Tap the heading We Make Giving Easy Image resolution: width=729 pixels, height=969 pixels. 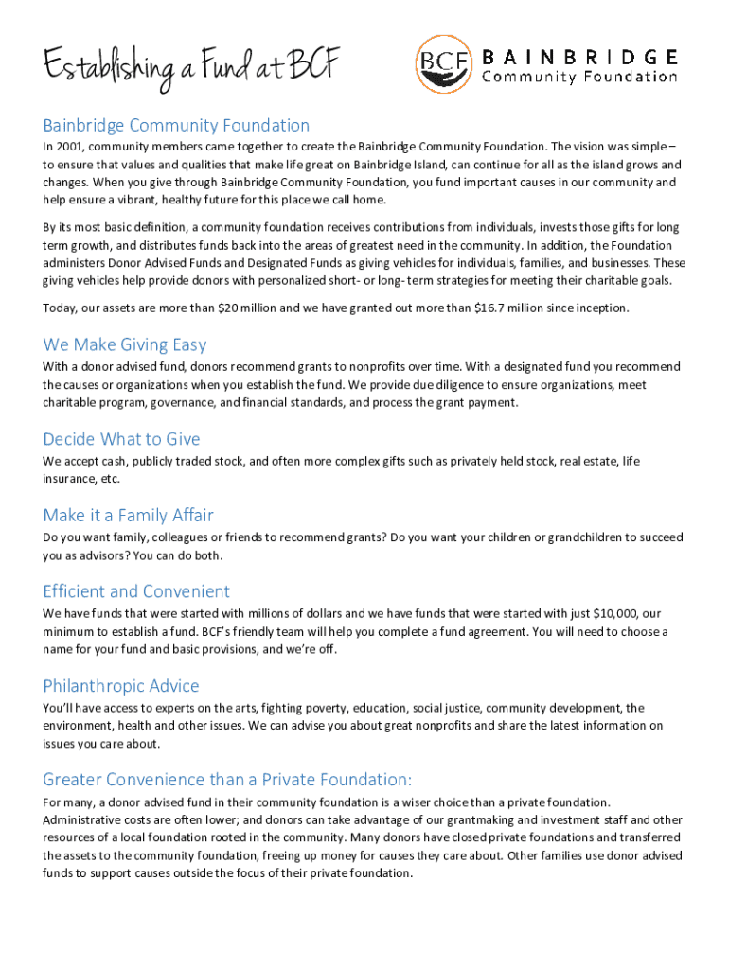tap(125, 344)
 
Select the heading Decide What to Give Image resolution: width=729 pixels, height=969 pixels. tap(121, 439)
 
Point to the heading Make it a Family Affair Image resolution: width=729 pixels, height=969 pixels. tap(128, 515)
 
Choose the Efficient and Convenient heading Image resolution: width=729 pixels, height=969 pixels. tap(136, 591)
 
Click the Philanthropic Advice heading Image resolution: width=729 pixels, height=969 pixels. tap(121, 685)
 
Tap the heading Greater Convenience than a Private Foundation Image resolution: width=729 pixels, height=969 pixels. tap(227, 780)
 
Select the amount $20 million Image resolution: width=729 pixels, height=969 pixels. tap(250, 308)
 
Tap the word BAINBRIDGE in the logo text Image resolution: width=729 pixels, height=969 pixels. tap(580, 56)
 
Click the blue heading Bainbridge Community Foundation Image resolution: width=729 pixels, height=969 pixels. tap(176, 125)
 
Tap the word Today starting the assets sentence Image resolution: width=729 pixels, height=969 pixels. tap(62, 308)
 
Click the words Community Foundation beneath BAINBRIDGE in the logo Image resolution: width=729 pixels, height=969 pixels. tap(580, 78)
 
